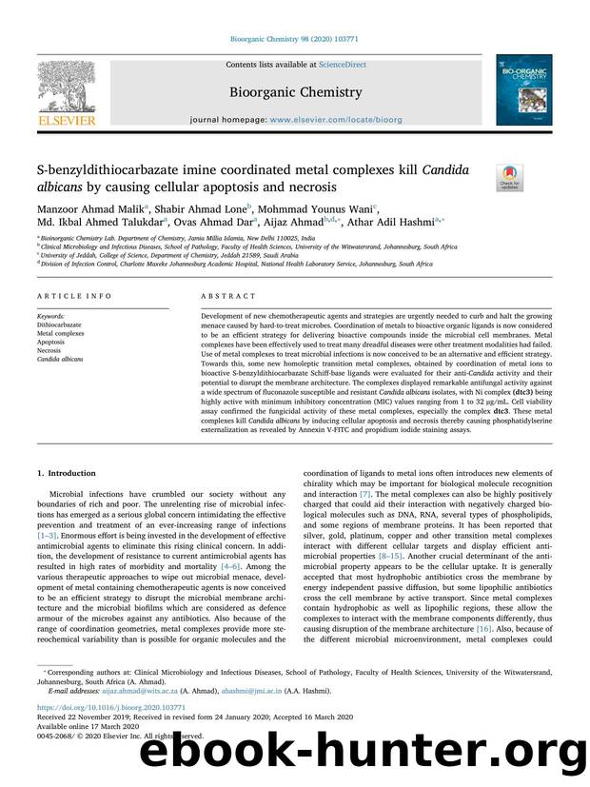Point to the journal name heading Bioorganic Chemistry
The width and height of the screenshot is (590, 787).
click(x=295, y=92)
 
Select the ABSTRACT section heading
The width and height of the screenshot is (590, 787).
click(x=221, y=297)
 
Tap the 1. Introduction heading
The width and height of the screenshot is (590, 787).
click(x=66, y=473)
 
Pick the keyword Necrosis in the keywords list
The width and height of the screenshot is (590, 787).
click(x=51, y=351)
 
